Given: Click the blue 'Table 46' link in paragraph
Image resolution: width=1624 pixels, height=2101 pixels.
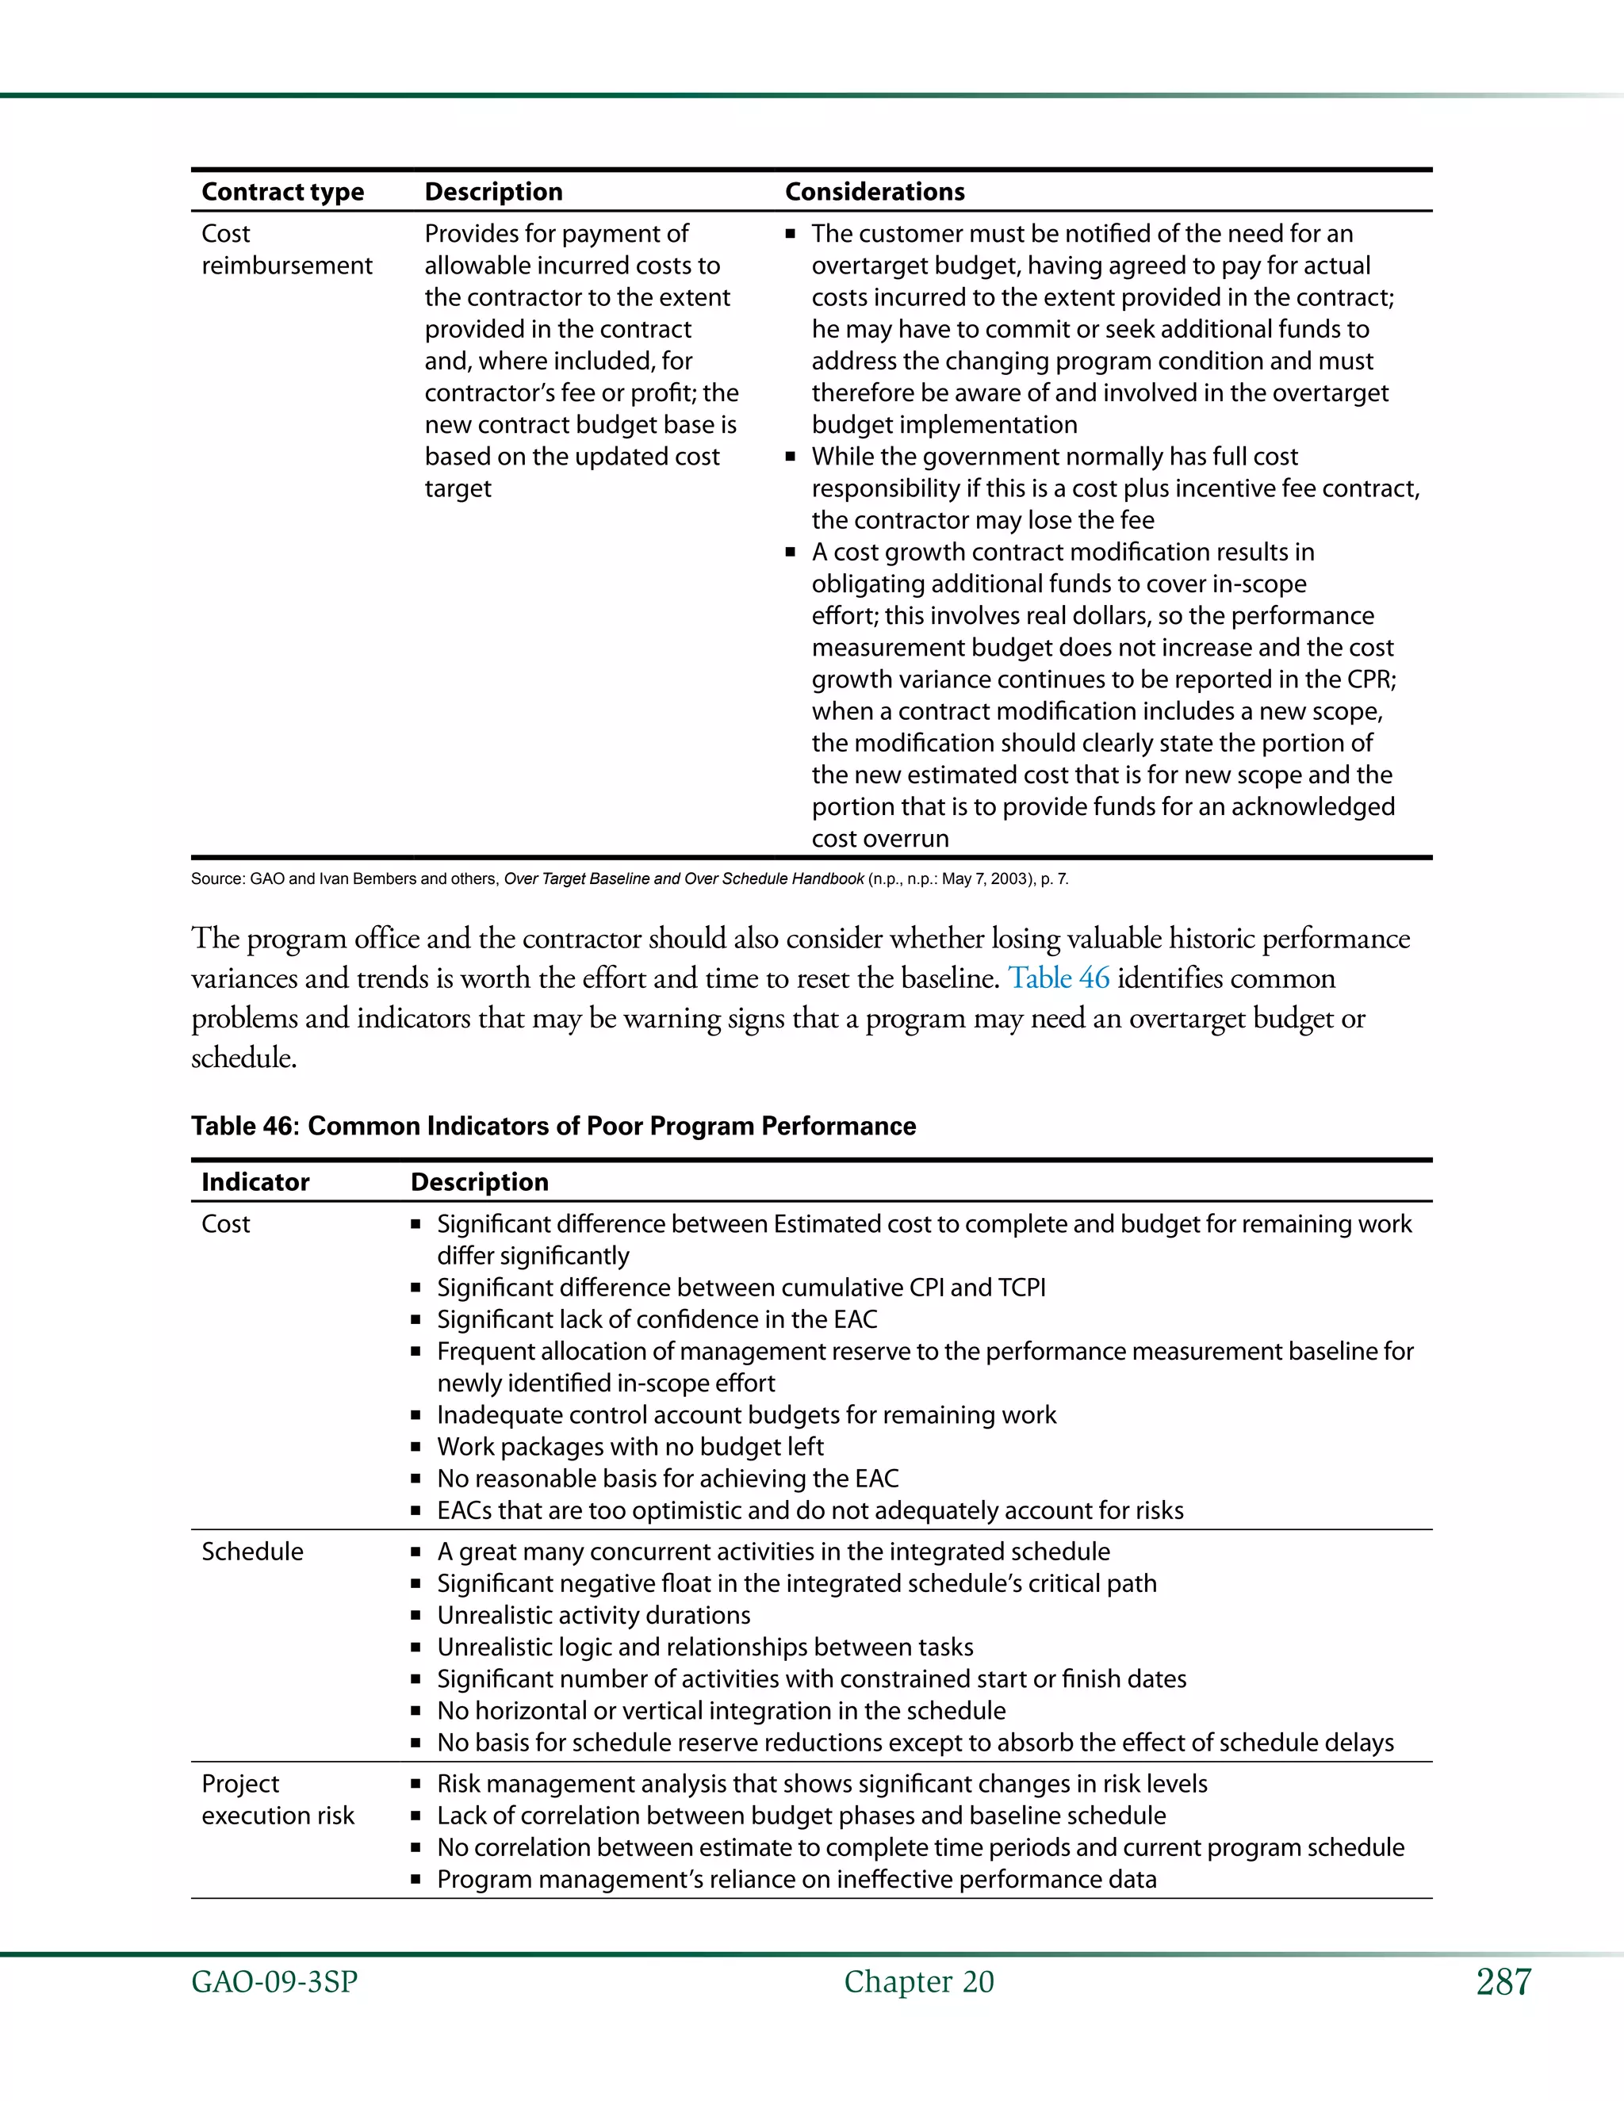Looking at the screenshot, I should coord(1059,978).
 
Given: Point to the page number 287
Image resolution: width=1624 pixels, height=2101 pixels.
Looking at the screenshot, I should coord(1503,1983).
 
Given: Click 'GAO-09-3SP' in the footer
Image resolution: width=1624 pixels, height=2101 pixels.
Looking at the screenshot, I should coord(274,1983).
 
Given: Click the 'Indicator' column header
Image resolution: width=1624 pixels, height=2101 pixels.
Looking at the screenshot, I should coord(255,1181).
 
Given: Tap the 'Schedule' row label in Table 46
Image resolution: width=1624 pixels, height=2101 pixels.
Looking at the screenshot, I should coord(252,1552).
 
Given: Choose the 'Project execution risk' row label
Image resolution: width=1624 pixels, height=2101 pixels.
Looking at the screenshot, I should coord(277,1800).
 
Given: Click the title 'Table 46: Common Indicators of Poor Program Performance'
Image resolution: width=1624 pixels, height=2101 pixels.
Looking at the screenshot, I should coord(553,1126).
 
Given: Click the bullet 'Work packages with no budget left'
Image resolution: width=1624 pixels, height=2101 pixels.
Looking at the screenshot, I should coord(630,1447).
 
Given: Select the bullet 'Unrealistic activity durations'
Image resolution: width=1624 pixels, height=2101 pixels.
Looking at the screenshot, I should coord(594,1615).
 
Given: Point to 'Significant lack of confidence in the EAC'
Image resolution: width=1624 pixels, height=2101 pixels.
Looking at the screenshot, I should coord(657,1319).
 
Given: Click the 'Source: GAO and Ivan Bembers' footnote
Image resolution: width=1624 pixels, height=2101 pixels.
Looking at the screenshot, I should coord(629,878).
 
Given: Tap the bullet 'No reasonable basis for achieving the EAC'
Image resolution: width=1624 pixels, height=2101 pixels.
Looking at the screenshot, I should coord(668,1479).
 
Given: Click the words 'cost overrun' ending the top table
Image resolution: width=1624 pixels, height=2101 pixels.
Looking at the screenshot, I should coord(879,839).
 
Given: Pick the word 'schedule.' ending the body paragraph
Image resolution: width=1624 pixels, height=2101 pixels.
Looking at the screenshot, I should coord(243,1058).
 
